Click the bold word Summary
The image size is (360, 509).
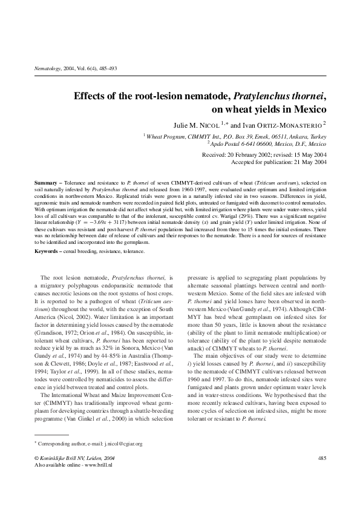[44, 182]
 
